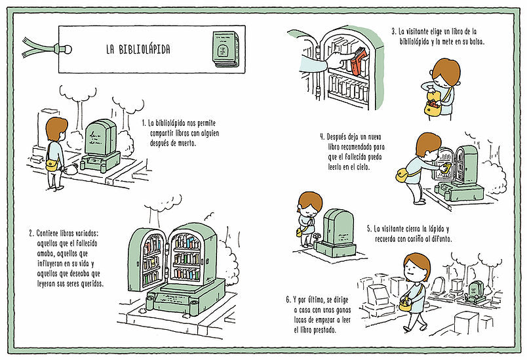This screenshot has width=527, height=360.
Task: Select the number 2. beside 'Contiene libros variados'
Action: coord(31,233)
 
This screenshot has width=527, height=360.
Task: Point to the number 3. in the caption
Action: coord(395,31)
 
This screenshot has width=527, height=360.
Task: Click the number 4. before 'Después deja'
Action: coord(322,138)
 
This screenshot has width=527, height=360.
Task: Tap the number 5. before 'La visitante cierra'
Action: coord(369,229)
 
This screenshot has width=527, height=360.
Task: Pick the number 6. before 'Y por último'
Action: coord(288,300)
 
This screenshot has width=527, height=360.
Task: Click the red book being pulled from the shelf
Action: coord(357,64)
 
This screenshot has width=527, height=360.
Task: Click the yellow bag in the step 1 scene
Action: coord(50,165)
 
